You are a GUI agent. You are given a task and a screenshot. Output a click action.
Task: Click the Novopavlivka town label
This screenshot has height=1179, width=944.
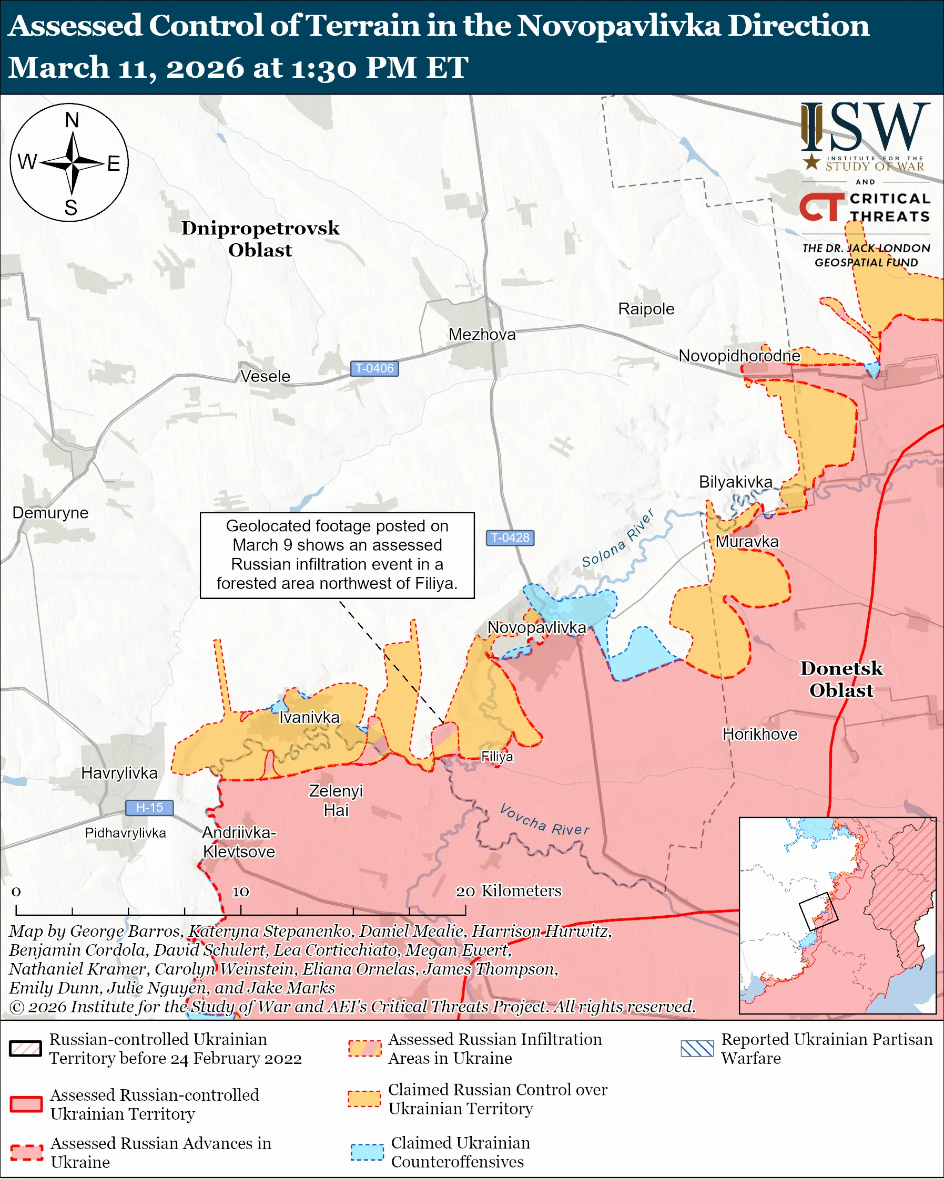pyautogui.click(x=536, y=627)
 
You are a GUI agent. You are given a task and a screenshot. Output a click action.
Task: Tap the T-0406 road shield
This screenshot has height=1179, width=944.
pyautogui.click(x=374, y=369)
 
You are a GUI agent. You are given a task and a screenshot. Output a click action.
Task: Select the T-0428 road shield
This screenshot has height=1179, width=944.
pyautogui.click(x=510, y=537)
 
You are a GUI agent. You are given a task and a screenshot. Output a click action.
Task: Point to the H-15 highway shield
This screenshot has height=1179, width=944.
pyautogui.click(x=149, y=807)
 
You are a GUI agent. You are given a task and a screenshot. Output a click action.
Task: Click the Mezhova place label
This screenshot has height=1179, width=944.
pyautogui.click(x=482, y=334)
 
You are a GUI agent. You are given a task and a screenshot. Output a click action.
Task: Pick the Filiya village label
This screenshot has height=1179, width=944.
pyautogui.click(x=497, y=756)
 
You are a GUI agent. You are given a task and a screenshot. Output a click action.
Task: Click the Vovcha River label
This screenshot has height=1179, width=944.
pyautogui.click(x=544, y=820)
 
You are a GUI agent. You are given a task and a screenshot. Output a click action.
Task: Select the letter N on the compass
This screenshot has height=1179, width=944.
pyautogui.click(x=72, y=120)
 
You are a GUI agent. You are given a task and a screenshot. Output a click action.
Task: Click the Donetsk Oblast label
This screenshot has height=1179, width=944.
pyautogui.click(x=841, y=679)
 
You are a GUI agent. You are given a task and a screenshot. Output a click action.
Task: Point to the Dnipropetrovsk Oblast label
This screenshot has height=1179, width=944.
pyautogui.click(x=260, y=239)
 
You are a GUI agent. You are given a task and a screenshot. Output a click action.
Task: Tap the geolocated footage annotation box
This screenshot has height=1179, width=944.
pyautogui.click(x=337, y=555)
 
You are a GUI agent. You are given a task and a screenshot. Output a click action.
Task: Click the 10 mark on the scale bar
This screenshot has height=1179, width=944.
pyautogui.click(x=241, y=892)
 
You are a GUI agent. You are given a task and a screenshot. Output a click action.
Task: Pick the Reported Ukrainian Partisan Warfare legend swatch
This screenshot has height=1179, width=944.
pyautogui.click(x=697, y=1049)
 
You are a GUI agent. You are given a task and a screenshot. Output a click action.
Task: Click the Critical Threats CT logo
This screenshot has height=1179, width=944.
pyautogui.click(x=822, y=207)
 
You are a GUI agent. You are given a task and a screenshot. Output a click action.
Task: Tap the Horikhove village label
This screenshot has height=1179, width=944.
pyautogui.click(x=759, y=734)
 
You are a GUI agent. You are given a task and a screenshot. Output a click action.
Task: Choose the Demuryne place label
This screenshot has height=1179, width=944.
pyautogui.click(x=50, y=512)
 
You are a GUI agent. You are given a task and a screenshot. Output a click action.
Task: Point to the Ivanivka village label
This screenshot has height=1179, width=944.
pyautogui.click(x=309, y=717)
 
